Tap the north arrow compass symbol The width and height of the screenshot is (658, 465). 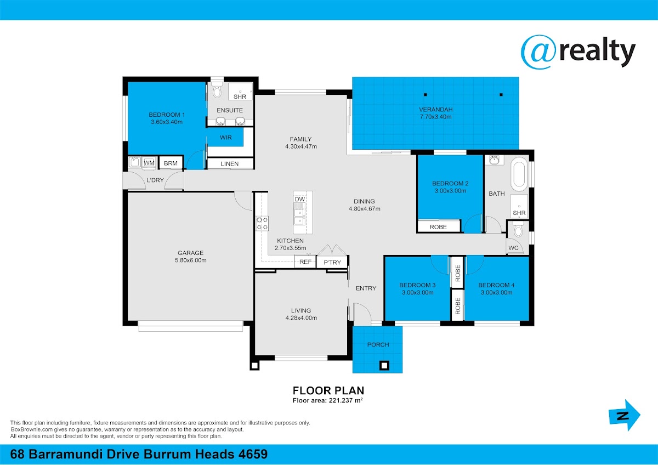point(625,415)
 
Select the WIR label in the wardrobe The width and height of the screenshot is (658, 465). point(225,138)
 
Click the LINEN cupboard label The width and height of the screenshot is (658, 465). point(230,163)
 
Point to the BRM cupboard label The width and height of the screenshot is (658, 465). point(171,163)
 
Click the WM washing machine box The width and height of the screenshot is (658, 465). point(149,163)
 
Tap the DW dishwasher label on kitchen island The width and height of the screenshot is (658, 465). point(299,199)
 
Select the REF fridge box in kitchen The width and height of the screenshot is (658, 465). point(305,262)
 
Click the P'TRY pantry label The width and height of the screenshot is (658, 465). point(332,262)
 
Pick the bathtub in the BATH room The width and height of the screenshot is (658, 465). point(519,174)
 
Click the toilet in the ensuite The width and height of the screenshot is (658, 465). point(217,90)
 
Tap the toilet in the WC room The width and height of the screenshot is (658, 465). point(518,229)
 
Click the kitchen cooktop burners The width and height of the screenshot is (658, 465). point(262,223)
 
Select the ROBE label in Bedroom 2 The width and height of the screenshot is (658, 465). point(438,227)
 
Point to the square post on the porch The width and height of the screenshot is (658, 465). point(384,365)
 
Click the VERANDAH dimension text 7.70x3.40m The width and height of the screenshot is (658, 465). point(435,117)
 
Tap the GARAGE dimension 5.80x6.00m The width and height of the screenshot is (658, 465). point(191,260)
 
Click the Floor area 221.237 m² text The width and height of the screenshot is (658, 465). point(328,400)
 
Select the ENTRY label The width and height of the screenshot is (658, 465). point(366,288)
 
